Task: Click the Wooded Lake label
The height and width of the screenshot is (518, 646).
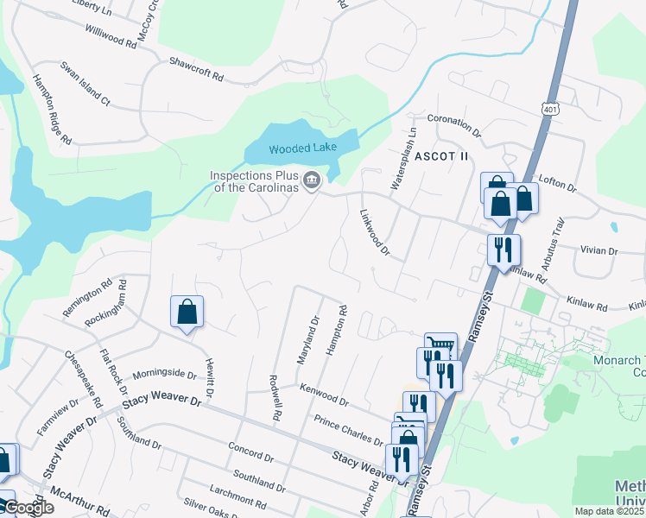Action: coord(301,148)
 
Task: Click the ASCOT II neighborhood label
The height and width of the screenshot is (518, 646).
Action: coord(440,156)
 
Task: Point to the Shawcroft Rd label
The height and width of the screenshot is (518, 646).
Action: coord(196,70)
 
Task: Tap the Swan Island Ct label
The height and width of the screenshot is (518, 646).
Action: coord(85,84)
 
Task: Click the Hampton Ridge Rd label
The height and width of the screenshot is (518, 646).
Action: coord(51,108)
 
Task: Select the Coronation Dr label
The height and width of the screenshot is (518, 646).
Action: coord(453,127)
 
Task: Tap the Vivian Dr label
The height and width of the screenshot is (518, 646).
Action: coord(600,251)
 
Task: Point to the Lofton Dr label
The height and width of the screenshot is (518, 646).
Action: coord(557,181)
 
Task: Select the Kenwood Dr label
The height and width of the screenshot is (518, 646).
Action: coord(324,396)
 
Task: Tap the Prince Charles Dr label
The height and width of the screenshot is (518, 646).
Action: coord(348,430)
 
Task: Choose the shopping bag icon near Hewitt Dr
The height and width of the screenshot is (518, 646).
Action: coord(187,312)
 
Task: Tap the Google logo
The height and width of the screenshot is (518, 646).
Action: coord(28,508)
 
